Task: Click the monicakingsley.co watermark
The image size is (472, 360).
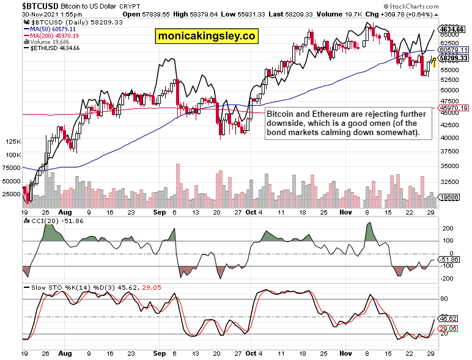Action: [206, 37]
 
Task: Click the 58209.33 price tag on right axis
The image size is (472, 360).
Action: [453, 59]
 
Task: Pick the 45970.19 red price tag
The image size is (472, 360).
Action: [453, 108]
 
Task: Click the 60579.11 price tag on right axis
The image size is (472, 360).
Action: [453, 50]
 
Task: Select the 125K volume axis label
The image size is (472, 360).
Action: [12, 141]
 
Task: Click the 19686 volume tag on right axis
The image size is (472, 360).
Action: [450, 197]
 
